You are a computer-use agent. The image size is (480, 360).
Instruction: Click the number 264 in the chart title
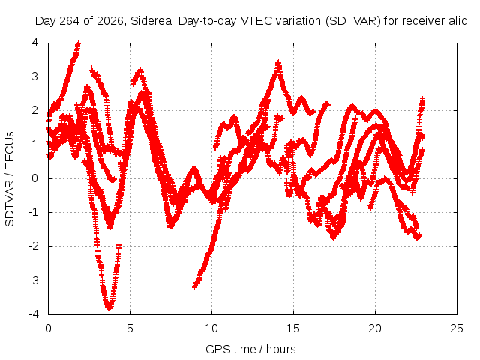[x=69, y=21]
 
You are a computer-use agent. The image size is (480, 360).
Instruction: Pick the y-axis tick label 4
[x=35, y=43]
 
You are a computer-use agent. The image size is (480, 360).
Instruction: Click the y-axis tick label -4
[x=34, y=314]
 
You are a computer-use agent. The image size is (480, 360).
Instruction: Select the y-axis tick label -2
[x=34, y=246]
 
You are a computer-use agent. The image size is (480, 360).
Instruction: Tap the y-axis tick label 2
[x=35, y=110]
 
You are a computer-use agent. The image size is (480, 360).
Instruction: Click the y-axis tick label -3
[x=34, y=280]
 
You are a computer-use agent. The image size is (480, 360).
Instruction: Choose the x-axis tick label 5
[x=130, y=328]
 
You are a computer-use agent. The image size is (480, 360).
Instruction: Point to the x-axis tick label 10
[x=211, y=328]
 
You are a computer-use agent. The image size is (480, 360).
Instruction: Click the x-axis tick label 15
[x=293, y=328]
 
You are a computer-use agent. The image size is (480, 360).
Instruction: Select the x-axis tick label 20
[x=375, y=328]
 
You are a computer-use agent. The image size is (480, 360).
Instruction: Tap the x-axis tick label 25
[x=457, y=328]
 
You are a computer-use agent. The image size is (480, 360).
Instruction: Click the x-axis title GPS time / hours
[x=250, y=349]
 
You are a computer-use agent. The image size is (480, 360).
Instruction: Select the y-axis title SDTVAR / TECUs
[x=10, y=178]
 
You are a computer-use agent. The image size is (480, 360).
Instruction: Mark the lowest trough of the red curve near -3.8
[x=109, y=307]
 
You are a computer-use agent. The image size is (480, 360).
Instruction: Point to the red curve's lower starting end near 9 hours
[x=195, y=286]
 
